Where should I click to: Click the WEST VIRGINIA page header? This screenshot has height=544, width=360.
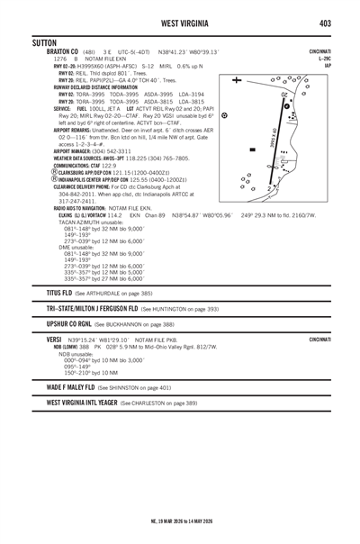click(180, 22)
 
